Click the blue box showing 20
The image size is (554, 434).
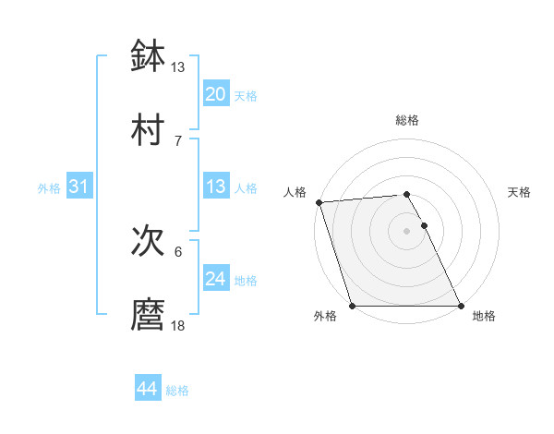pyautogui.click(x=215, y=94)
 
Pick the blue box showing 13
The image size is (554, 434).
pyautogui.click(x=215, y=187)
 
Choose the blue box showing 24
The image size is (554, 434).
pyautogui.click(x=215, y=279)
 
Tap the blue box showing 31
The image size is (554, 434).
pyautogui.click(x=78, y=187)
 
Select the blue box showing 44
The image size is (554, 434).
pyautogui.click(x=147, y=389)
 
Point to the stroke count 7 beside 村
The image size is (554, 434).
pyautogui.click(x=178, y=140)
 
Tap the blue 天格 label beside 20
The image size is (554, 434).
pyautogui.click(x=246, y=96)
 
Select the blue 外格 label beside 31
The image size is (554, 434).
pyautogui.click(x=49, y=188)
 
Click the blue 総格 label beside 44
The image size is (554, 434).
pyautogui.click(x=177, y=391)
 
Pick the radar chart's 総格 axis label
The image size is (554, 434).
pyautogui.click(x=406, y=120)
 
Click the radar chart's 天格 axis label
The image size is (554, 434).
pyautogui.click(x=519, y=192)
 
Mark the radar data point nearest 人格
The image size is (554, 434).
pyautogui.click(x=319, y=202)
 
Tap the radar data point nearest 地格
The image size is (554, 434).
pyautogui.click(x=461, y=306)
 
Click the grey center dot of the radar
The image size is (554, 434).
pyautogui.click(x=406, y=231)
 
